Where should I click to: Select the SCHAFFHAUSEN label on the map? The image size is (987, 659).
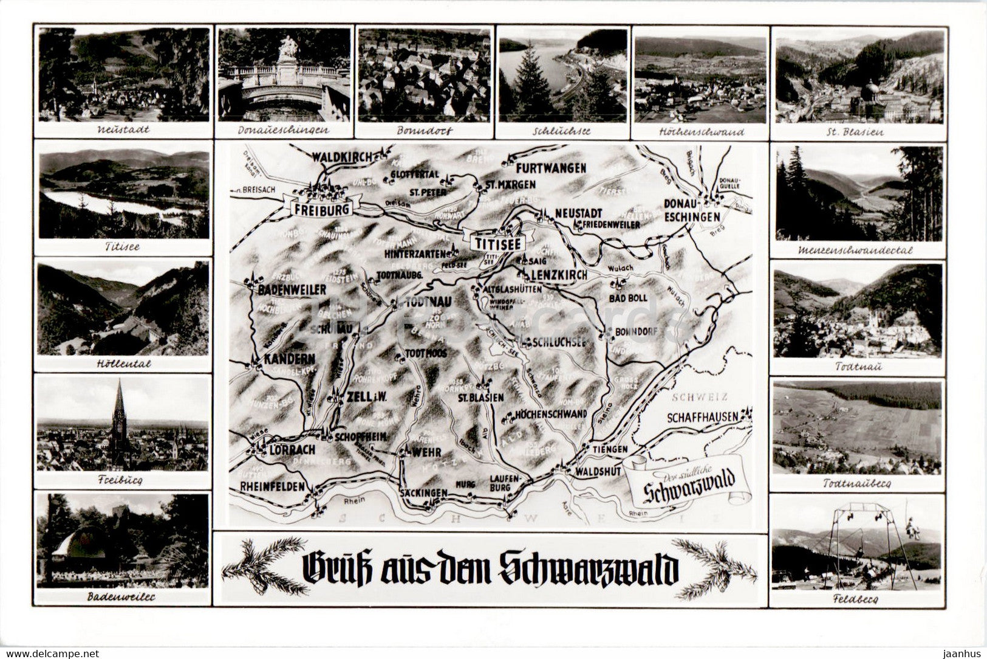tap(703, 418)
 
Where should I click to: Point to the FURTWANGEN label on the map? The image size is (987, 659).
tap(552, 167)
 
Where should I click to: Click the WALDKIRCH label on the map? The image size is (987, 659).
tap(341, 157)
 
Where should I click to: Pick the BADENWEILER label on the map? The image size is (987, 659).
tap(292, 290)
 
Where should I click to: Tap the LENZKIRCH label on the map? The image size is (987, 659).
tap(559, 275)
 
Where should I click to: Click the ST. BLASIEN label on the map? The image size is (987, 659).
tap(480, 397)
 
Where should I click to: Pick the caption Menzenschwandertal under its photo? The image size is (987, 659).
tap(857, 250)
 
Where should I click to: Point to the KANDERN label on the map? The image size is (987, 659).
tap(289, 359)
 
